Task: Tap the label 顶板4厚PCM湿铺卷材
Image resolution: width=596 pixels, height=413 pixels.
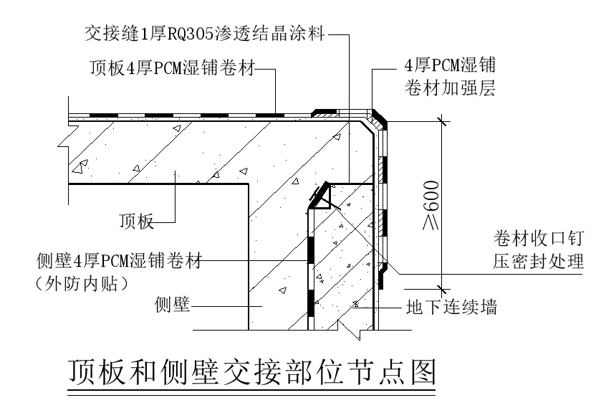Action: point(172,69)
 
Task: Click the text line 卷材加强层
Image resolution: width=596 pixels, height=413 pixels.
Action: point(446,89)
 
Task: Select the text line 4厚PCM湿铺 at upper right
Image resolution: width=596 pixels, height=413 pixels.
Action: point(446,66)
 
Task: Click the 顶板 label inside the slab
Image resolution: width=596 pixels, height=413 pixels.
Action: point(136,222)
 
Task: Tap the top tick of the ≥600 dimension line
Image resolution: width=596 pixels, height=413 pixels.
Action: point(444,123)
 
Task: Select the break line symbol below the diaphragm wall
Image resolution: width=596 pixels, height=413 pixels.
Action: point(349,329)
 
